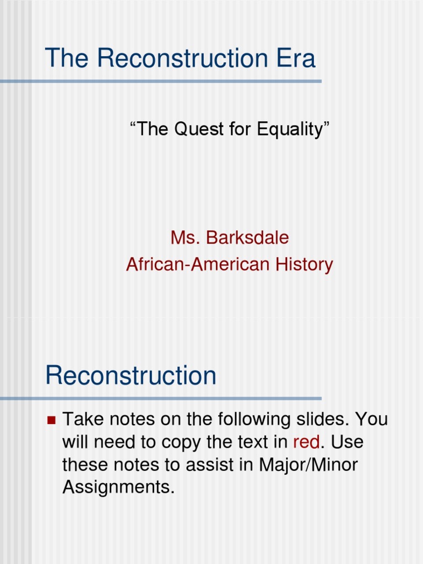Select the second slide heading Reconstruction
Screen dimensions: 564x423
click(x=131, y=376)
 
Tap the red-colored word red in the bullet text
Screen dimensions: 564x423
click(x=306, y=442)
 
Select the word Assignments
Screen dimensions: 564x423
click(x=118, y=487)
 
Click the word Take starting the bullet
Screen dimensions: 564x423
click(x=83, y=420)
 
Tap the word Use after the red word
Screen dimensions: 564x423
click(x=348, y=442)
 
